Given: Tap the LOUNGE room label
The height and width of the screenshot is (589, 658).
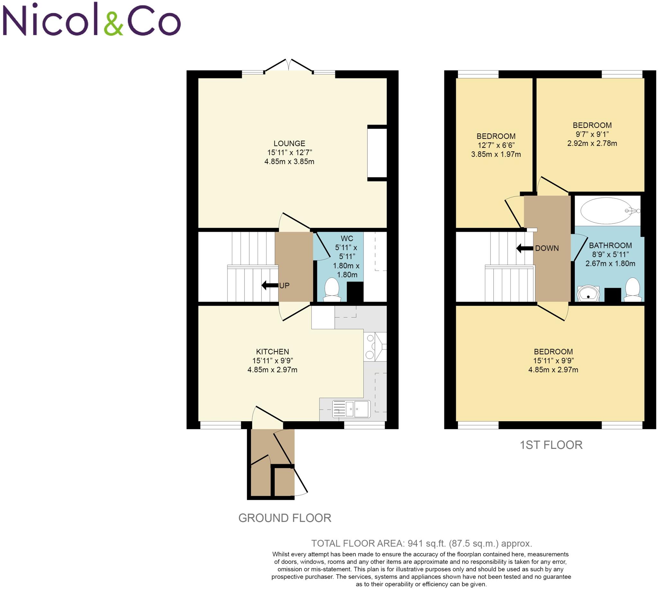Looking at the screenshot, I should [289, 143].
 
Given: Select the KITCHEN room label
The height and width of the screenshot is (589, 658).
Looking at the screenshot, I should [272, 351].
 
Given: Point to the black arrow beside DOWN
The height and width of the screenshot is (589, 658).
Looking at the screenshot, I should [524, 248].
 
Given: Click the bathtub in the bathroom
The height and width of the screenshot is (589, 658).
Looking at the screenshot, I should [606, 211].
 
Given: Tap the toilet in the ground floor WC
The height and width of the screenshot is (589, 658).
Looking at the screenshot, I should [332, 288].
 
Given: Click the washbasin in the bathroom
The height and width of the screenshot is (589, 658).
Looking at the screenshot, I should [588, 293].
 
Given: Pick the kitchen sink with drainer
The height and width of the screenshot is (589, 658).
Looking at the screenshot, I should [351, 409].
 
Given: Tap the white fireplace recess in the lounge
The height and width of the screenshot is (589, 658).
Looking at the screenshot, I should [377, 153].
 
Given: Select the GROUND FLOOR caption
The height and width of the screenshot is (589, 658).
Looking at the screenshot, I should [285, 518].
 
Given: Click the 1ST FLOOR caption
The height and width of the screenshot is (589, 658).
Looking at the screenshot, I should [551, 445].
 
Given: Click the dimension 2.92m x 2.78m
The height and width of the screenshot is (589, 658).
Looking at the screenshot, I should [592, 143].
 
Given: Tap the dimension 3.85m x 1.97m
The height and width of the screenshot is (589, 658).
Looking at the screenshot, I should [496, 154].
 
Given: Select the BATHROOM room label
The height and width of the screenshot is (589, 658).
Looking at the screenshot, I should [610, 245].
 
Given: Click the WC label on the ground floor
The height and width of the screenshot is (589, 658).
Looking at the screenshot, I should [347, 239].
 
